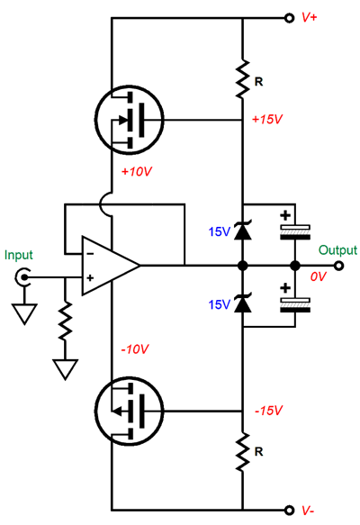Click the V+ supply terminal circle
tap(289, 18)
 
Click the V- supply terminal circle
tap(289, 510)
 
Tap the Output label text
tap(337, 250)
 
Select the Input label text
tap(19, 255)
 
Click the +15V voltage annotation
tap(267, 119)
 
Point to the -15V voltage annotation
tap(269, 411)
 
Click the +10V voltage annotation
tap(137, 171)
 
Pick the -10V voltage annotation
tap(135, 349)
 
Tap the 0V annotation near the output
tap(318, 276)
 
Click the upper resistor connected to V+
tap(243, 79)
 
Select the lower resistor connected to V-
tap(243, 451)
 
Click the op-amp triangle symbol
tap(111, 266)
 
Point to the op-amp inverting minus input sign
tap(90, 254)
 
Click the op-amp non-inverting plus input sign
tap(90, 278)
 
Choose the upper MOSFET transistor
tap(130, 120)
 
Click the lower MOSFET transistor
tap(130, 411)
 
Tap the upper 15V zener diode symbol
tap(243, 231)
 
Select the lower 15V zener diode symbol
tap(243, 303)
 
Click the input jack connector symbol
tap(23, 277)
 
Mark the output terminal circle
tap(339, 267)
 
